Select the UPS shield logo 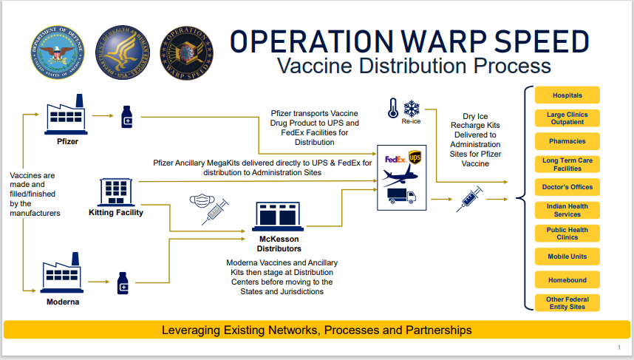click(415, 158)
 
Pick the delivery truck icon click(401, 196)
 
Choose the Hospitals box click(567, 95)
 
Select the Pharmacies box click(567, 141)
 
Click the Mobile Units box click(567, 257)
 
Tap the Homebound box click(567, 281)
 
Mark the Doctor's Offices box click(567, 187)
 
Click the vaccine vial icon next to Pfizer click(126, 117)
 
